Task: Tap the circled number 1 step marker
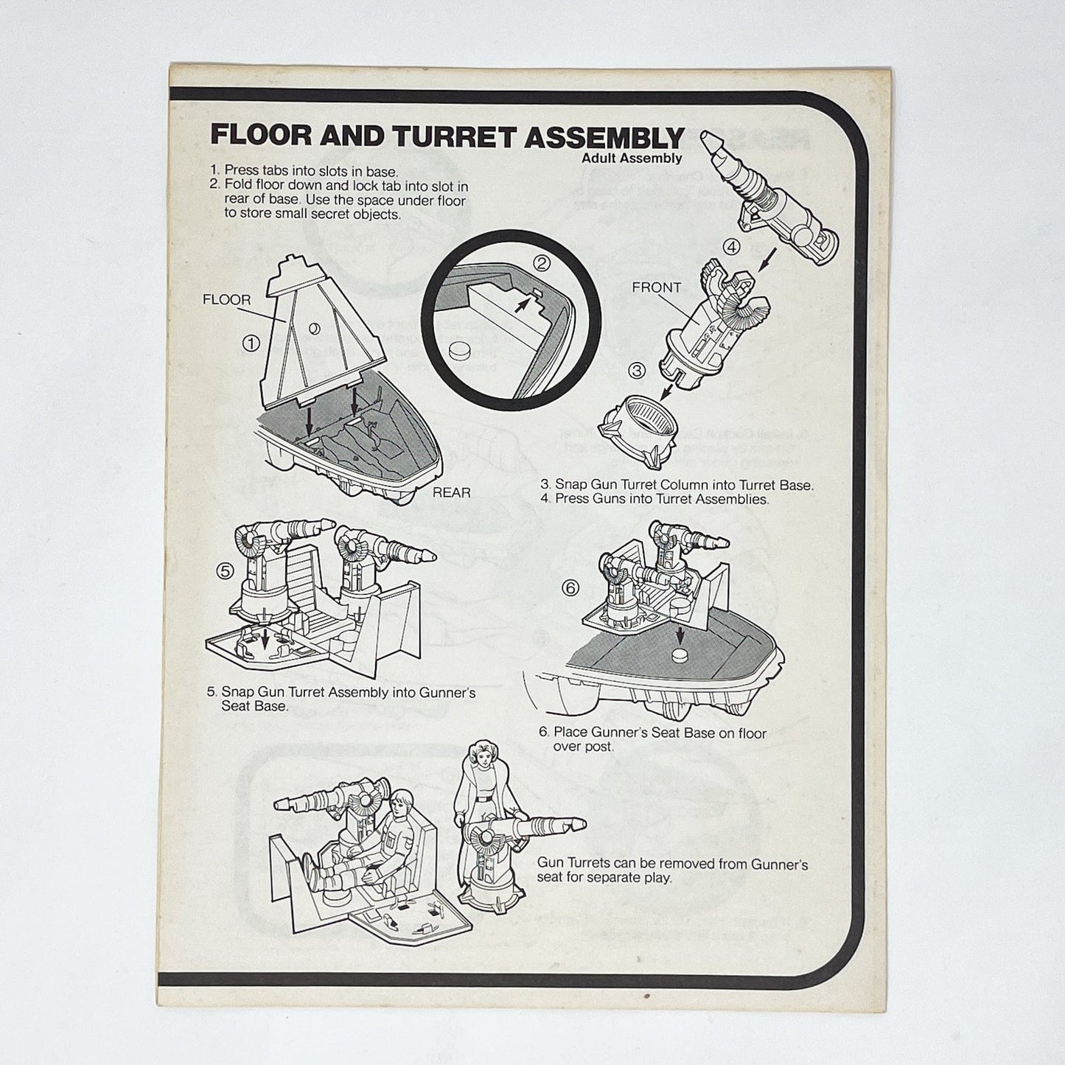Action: click(251, 343)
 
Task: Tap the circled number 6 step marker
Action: click(570, 587)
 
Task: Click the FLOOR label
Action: click(226, 300)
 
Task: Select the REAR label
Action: click(451, 492)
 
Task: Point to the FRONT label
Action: click(656, 287)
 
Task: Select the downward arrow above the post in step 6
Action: click(680, 633)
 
